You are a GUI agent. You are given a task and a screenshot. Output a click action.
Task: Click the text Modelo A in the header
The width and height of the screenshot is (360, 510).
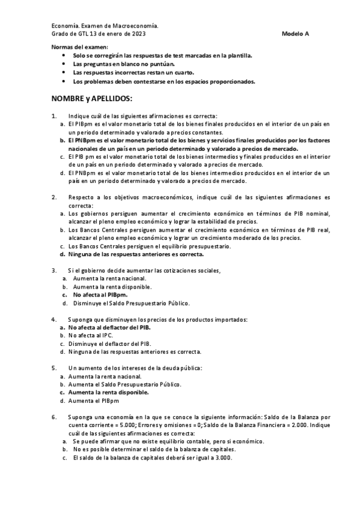click(x=295, y=34)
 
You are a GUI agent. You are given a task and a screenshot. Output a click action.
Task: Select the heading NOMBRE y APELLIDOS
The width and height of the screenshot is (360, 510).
click(x=91, y=97)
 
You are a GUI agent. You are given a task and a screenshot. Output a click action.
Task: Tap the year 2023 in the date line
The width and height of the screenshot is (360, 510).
click(x=137, y=34)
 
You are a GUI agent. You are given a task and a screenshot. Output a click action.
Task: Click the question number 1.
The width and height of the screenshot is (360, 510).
click(x=54, y=116)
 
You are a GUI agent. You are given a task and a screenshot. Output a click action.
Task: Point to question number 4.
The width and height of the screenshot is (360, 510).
click(x=54, y=319)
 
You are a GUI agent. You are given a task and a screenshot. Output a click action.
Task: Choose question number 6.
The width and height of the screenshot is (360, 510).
click(x=54, y=416)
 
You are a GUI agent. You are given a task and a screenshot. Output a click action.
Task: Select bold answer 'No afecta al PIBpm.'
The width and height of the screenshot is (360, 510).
click(x=100, y=295)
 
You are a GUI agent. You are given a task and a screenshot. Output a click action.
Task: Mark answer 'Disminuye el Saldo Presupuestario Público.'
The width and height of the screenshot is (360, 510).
click(x=131, y=303)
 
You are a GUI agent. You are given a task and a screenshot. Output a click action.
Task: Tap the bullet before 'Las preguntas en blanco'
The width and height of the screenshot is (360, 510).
click(x=65, y=64)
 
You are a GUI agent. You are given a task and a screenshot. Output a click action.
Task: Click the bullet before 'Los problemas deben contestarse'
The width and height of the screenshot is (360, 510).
click(x=65, y=81)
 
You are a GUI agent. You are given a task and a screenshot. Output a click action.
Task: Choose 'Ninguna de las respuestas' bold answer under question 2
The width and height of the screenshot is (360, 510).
click(x=136, y=254)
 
